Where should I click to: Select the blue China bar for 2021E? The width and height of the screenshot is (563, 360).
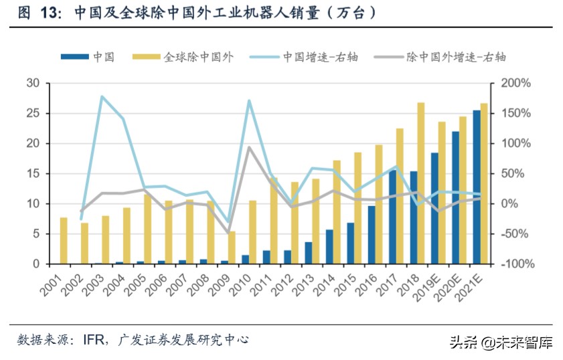(476, 187)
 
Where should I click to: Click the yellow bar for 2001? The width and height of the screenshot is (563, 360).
(64, 241)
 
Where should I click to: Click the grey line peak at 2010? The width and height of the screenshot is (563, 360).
(249, 147)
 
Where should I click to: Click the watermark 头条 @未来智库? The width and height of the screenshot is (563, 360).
(500, 343)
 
